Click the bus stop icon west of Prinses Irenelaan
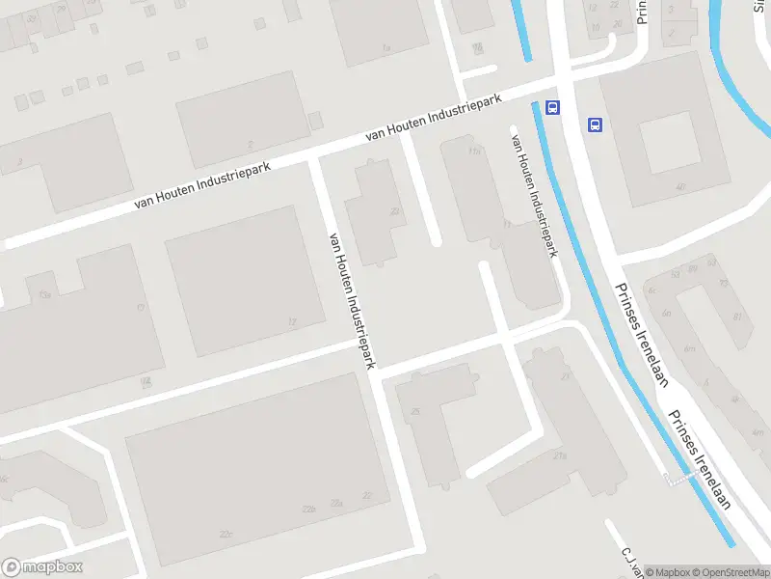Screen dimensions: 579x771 pos(552,107)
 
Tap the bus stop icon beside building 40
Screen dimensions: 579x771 pos(595,124)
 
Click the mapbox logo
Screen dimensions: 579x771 pos(42,567)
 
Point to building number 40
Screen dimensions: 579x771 pos(680,187)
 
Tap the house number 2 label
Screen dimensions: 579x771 pos(251,145)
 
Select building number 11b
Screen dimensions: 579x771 pos(473,152)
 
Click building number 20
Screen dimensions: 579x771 pos(394,211)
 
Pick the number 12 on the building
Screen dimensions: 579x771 pos(291,321)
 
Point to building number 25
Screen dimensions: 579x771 pos(415,413)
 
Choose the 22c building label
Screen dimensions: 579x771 pos(226,534)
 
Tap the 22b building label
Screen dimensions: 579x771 pos(308,509)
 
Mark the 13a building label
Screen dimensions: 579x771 pos(44,295)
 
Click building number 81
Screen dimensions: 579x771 pos(738,316)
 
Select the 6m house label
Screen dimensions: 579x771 pos(689,349)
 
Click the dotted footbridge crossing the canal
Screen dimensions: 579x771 pos(679,480)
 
